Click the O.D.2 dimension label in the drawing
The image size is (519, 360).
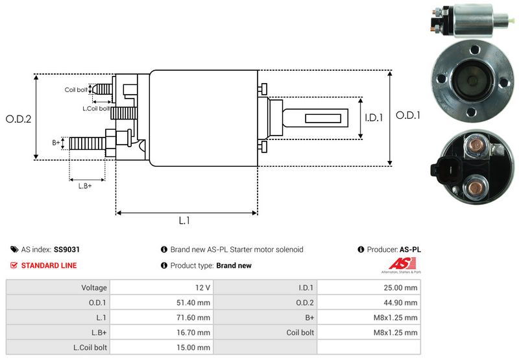(x=18, y=119)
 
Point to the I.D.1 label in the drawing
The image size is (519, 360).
(x=374, y=118)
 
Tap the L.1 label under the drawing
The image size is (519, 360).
(x=185, y=221)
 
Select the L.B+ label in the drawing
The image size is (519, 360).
(x=85, y=186)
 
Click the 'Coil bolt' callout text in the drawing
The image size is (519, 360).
(x=75, y=90)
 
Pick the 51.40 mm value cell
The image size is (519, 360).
(x=195, y=302)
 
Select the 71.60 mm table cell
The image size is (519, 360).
(x=195, y=317)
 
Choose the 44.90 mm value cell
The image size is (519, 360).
(x=403, y=302)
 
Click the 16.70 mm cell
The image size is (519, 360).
(x=195, y=332)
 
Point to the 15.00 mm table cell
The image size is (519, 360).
(x=195, y=347)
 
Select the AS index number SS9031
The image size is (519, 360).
(x=67, y=249)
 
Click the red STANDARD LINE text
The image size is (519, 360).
(x=49, y=265)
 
